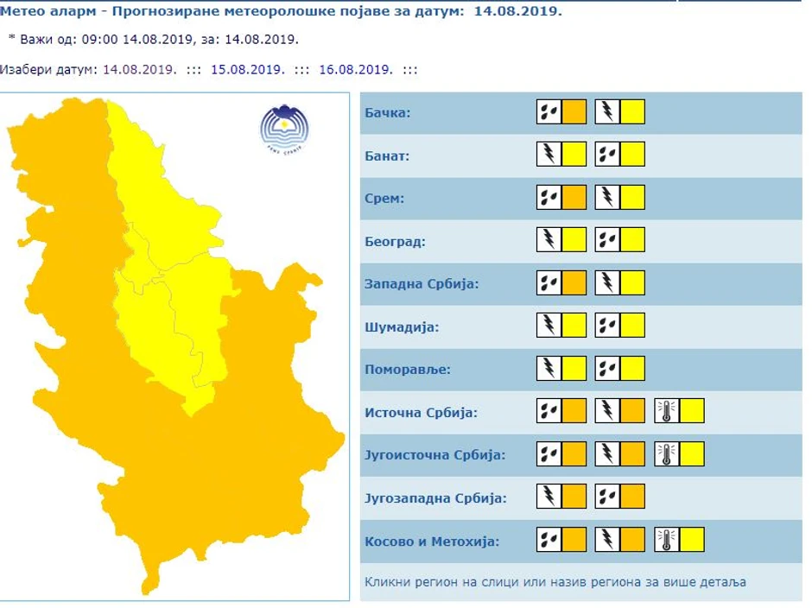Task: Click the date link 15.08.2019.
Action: coord(248,70)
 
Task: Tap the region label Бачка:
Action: coord(388,113)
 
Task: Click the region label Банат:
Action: coord(387,156)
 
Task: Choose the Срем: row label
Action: coord(385,199)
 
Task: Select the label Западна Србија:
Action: coord(422,284)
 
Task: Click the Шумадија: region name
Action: coord(402,327)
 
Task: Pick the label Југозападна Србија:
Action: coord(435,498)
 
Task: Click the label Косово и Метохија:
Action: coord(432,541)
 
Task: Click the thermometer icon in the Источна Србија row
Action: coord(666,411)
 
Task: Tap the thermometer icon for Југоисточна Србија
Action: coord(666,454)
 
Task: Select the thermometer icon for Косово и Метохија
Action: coord(666,540)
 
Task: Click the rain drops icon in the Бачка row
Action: coord(549,112)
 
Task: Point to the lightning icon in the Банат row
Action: coord(549,155)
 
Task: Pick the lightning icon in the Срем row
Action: coord(607,198)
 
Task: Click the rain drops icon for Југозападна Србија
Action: coord(607,497)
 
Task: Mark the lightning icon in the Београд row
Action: coord(549,240)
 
